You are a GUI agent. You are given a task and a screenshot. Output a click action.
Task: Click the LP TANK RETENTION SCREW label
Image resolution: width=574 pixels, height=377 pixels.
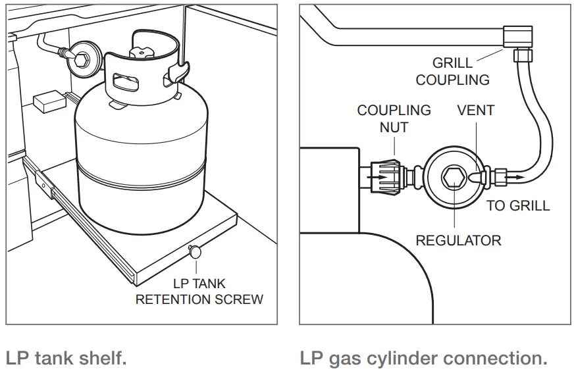point(199,291)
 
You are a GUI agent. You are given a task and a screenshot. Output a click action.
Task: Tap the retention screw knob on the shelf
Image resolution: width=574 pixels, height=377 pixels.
point(196,250)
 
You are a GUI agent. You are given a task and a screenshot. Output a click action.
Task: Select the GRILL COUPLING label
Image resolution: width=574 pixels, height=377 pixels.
point(452,72)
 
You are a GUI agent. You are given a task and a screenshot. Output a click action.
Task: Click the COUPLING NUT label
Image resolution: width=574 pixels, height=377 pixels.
point(394,118)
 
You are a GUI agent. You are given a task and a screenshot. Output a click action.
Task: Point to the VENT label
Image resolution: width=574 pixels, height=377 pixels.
point(475,111)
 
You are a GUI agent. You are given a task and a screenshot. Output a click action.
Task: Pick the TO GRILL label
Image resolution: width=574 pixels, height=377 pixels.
point(518,206)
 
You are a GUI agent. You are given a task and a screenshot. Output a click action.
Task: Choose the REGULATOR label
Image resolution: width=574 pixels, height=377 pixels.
point(458,240)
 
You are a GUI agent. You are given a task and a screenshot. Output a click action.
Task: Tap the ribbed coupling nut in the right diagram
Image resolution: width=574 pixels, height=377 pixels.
point(385,176)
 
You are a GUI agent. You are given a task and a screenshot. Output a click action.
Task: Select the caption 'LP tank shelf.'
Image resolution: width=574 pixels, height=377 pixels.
point(66,359)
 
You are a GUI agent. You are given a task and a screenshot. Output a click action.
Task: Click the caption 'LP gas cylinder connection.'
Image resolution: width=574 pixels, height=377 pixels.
point(423,359)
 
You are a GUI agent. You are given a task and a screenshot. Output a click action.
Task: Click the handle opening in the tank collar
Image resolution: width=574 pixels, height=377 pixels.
point(124,82)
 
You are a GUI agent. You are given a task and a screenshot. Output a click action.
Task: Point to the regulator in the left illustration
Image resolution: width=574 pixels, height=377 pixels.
point(85,57)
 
